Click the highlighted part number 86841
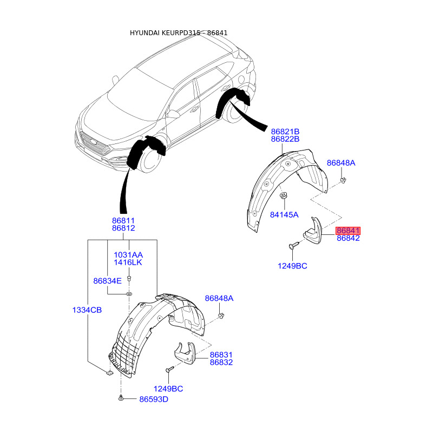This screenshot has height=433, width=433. tap(348, 231)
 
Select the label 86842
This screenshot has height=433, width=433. tap(348, 238)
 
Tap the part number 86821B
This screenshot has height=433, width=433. tap(285, 132)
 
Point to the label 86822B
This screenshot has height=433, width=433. tap(285, 139)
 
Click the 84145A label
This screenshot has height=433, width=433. tap(284, 214)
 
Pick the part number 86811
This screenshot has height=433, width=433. tap(123, 221)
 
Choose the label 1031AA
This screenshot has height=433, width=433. tap(128, 255)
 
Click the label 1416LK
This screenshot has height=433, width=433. tap(128, 263)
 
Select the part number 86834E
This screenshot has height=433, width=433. tap(107, 281)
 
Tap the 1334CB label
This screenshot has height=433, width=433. tap(87, 310)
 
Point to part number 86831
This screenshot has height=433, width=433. tap(221, 355)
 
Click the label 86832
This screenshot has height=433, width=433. tap(221, 362)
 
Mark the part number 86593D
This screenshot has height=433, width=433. tap(154, 399)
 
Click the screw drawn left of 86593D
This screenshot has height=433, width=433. tap(121, 399)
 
